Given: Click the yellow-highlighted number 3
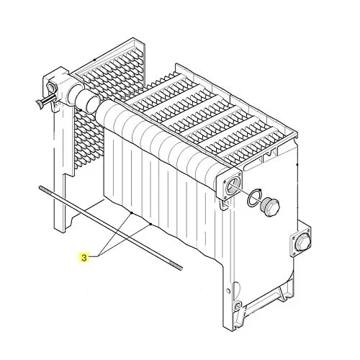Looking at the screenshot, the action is coord(84,258).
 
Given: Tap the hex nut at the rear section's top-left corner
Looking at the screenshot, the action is coord(53,87).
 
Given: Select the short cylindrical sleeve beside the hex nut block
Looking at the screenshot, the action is coord(88,101).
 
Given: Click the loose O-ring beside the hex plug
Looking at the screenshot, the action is coord(254,197).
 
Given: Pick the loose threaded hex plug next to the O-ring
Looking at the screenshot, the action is coord(269,207).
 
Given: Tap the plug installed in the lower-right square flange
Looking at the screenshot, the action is coord(302,243).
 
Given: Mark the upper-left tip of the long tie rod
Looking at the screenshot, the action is coord(40,187).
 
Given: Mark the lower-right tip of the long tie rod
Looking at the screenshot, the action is coord(181,269).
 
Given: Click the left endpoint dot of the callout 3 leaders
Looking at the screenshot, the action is coord(132,213).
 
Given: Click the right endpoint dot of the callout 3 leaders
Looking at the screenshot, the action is coord(150,224).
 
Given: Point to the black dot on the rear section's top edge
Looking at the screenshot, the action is coord(94,60).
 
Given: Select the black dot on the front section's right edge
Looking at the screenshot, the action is coord(297,165).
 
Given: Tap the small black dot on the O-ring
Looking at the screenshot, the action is coord(261,190).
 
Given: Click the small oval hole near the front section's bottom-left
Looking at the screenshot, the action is coord(229,291).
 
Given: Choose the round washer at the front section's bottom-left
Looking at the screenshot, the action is coord(238,305).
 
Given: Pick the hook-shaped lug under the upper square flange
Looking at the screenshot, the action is coord(223,206).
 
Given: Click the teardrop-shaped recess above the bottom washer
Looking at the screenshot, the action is coord(236,287).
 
